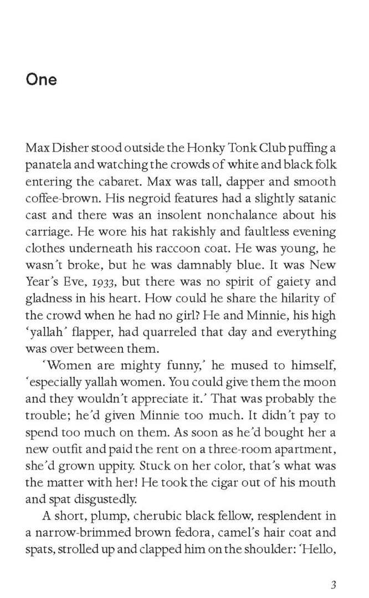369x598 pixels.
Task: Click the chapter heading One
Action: pyautogui.click(x=41, y=79)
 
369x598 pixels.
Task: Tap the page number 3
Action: pyautogui.click(x=333, y=569)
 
